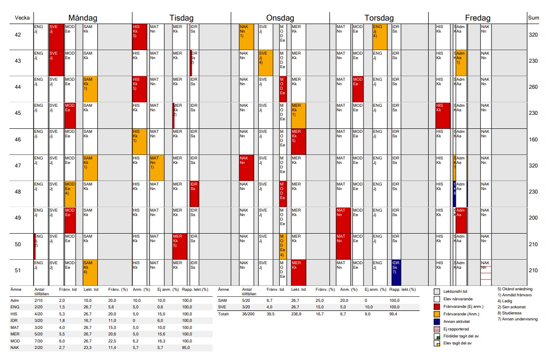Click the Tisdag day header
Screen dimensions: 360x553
tap(181, 18)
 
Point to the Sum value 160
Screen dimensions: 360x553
tap(533, 140)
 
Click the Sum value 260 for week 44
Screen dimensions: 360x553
tap(533, 87)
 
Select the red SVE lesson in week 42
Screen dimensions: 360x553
tap(56, 36)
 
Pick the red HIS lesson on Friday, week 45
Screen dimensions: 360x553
tap(443, 115)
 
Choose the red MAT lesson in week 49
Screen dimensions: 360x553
tap(342, 219)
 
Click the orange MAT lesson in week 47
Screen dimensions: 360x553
tap(157, 166)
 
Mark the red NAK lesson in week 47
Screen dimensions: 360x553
tap(246, 167)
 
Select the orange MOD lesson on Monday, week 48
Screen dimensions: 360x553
tap(70, 193)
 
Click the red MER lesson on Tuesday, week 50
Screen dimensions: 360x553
tap(179, 245)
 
